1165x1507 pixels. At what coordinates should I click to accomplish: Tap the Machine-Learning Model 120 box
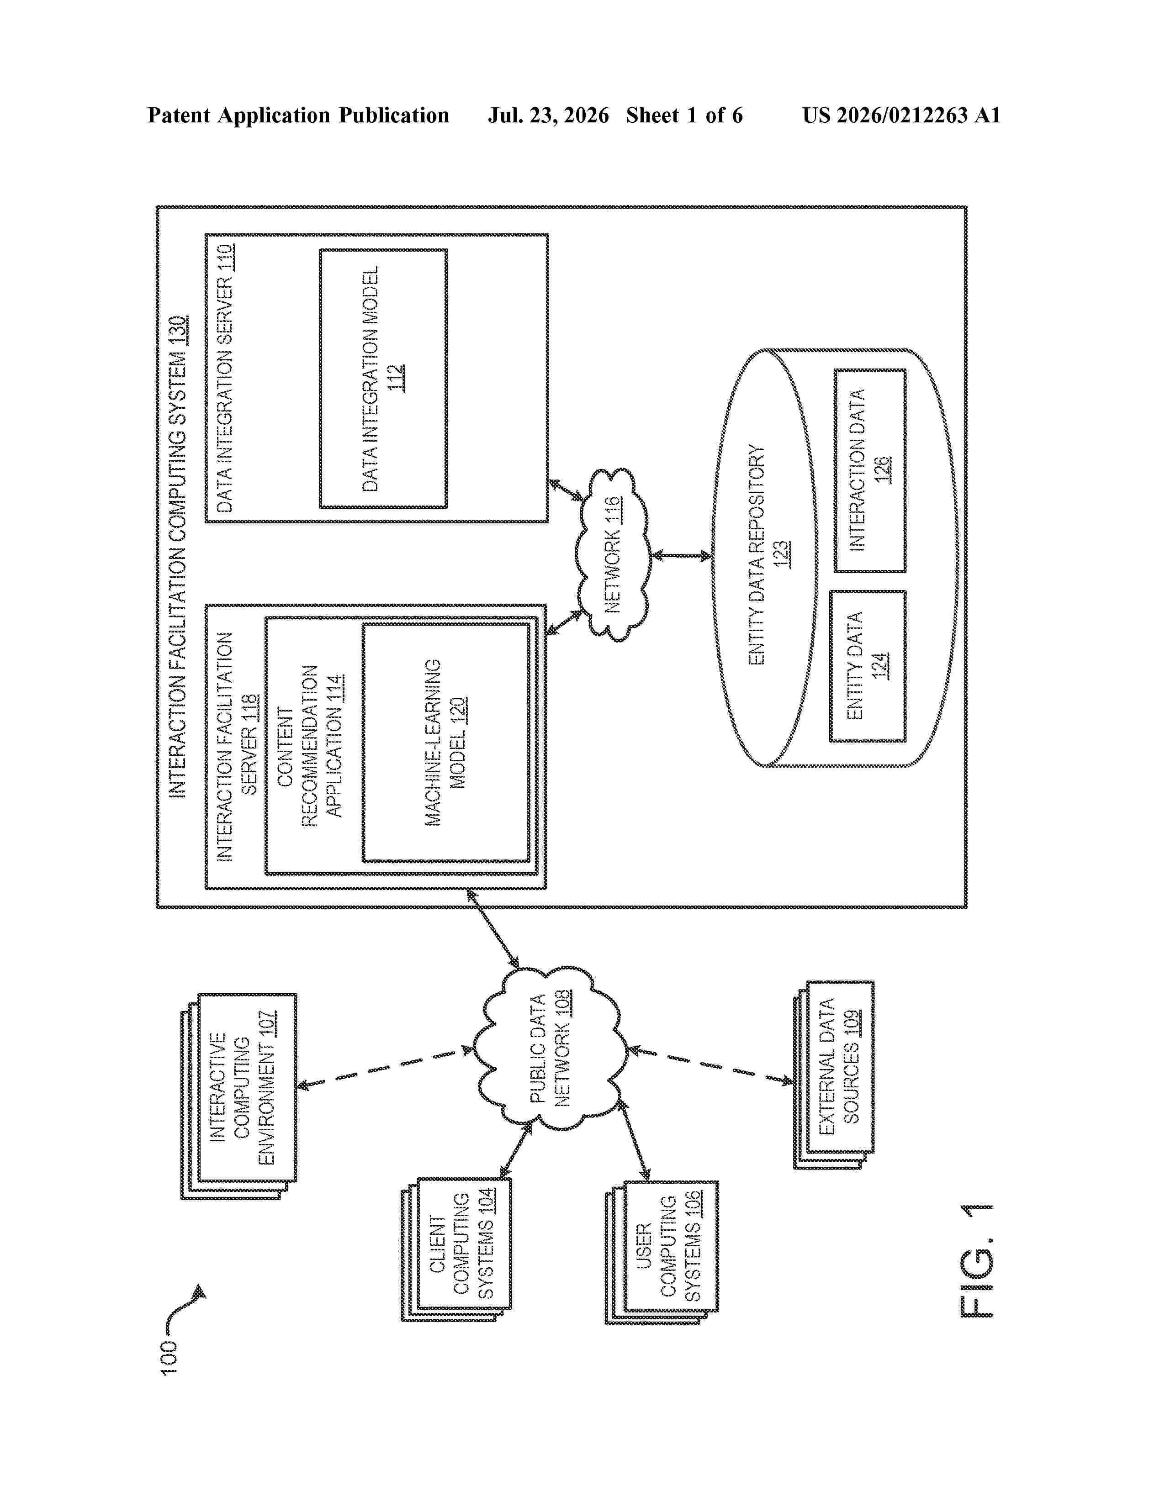446,743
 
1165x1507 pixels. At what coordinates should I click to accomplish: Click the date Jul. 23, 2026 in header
549,115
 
